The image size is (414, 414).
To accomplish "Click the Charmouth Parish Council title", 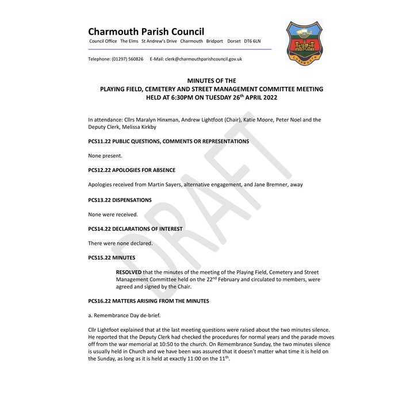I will point(146,32).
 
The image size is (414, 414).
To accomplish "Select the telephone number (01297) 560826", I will point(125,59).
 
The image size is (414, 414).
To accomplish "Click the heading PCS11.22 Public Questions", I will point(168,141).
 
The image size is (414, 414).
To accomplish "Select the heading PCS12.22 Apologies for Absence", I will point(132,170).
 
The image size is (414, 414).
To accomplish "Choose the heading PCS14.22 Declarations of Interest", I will point(135,229).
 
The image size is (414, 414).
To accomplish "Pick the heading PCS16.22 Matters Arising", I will point(148,301).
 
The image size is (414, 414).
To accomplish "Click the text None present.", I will point(105,156).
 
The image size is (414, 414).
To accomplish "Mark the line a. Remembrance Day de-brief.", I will point(124,315).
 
